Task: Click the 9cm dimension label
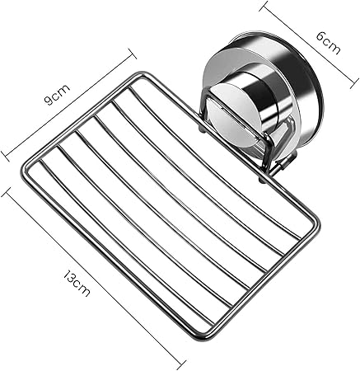(x=57, y=95)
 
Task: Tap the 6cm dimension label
(x=328, y=43)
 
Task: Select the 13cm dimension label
(x=77, y=284)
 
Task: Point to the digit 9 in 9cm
(x=49, y=101)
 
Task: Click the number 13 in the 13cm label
(x=69, y=276)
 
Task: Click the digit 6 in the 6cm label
(x=321, y=36)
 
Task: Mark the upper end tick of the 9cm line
(x=133, y=54)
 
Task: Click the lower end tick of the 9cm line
(x=5, y=156)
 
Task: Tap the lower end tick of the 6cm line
(x=354, y=83)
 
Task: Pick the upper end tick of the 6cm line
(x=264, y=6)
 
